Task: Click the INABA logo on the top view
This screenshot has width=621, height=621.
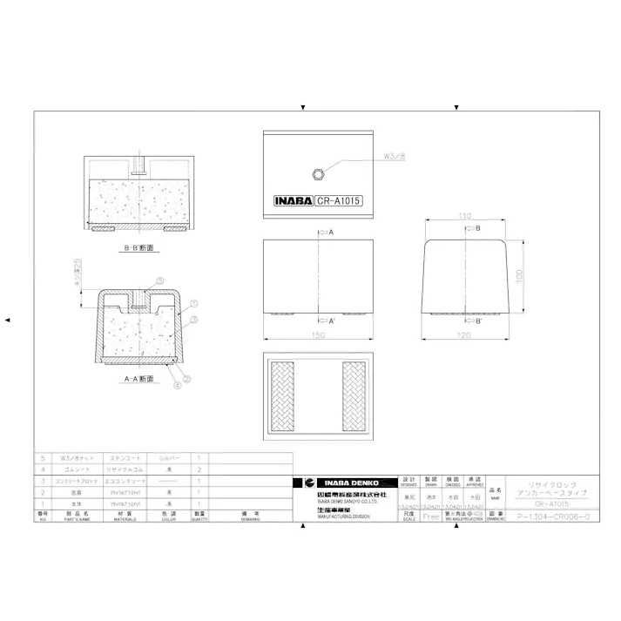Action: [x=294, y=199]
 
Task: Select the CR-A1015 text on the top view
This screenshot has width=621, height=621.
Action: [x=339, y=199]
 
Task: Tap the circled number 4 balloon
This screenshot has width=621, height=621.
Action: [x=178, y=382]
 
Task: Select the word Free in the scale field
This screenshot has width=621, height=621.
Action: [x=430, y=516]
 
